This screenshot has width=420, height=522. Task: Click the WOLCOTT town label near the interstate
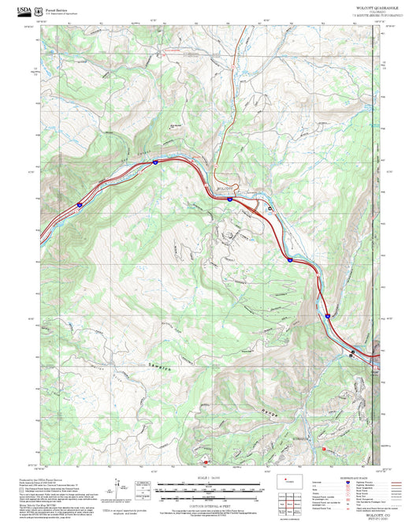coord(225,188)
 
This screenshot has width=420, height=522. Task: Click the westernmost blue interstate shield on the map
coord(79,204)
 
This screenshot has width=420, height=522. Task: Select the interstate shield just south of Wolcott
coord(229,200)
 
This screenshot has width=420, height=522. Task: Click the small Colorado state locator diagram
coord(291,479)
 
